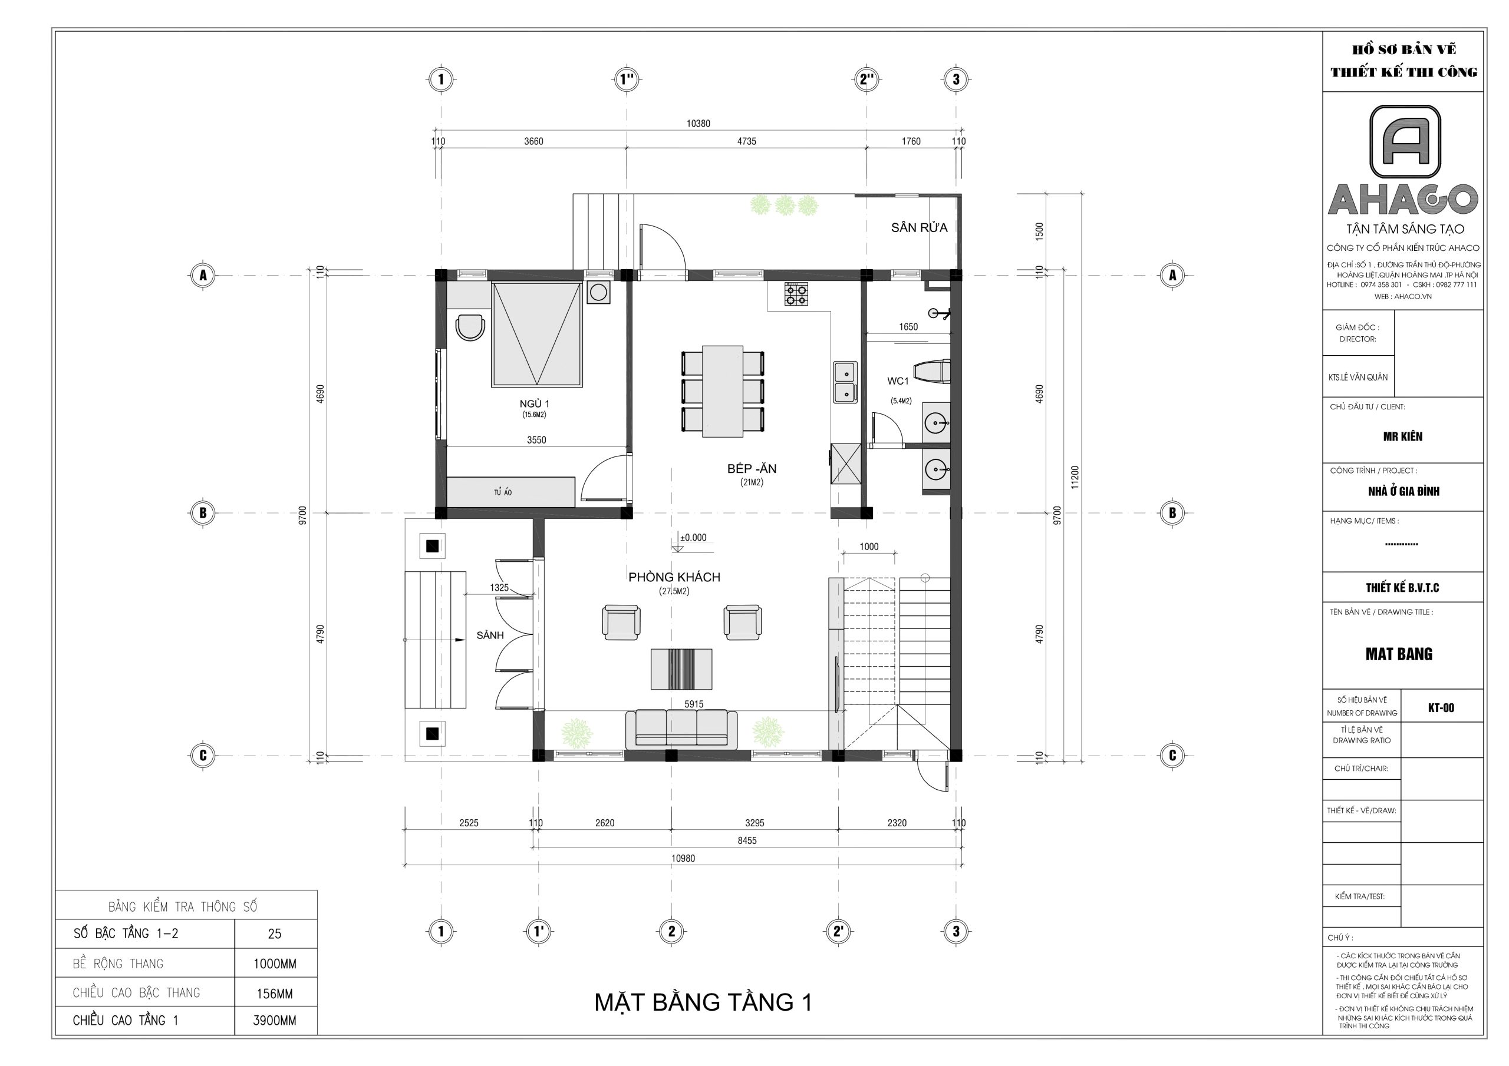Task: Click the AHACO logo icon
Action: pyautogui.click(x=1405, y=142)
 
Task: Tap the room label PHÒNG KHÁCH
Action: pyautogui.click(x=674, y=577)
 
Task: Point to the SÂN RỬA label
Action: pyautogui.click(x=919, y=228)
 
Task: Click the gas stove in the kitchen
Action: pyautogui.click(x=796, y=294)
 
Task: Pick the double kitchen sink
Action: pyautogui.click(x=845, y=382)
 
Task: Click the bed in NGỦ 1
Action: pyautogui.click(x=537, y=335)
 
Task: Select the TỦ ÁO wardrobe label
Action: pyautogui.click(x=503, y=492)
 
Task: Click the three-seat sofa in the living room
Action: pyautogui.click(x=681, y=729)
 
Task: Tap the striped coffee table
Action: pyautogui.click(x=681, y=668)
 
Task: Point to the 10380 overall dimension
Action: pyautogui.click(x=698, y=124)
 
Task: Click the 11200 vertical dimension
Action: pyautogui.click(x=1075, y=477)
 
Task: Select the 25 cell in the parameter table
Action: pyautogui.click(x=275, y=933)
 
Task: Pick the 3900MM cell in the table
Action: pyautogui.click(x=275, y=1020)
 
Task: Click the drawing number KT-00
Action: pyautogui.click(x=1441, y=707)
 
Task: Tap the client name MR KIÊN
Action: pyautogui.click(x=1402, y=436)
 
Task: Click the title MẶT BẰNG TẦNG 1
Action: pyautogui.click(x=703, y=1002)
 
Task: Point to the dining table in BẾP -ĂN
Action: pyautogui.click(x=723, y=391)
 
